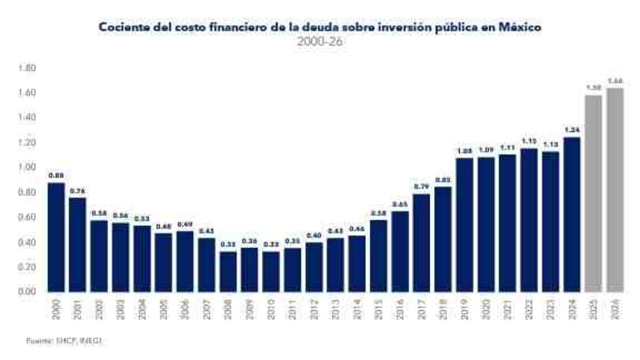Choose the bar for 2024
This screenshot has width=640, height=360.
point(572,214)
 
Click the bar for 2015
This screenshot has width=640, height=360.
point(379,255)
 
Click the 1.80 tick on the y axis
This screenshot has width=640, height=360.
point(27,69)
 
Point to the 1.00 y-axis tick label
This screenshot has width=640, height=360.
point(27,167)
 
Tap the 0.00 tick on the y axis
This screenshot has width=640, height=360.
point(27,291)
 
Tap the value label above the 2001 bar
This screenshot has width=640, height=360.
point(77,190)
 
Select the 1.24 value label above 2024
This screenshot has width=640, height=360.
point(572,130)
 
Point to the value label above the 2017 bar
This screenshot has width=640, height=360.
point(422,186)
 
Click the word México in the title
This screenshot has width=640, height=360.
point(520,28)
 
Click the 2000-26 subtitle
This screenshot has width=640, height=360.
point(320,42)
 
